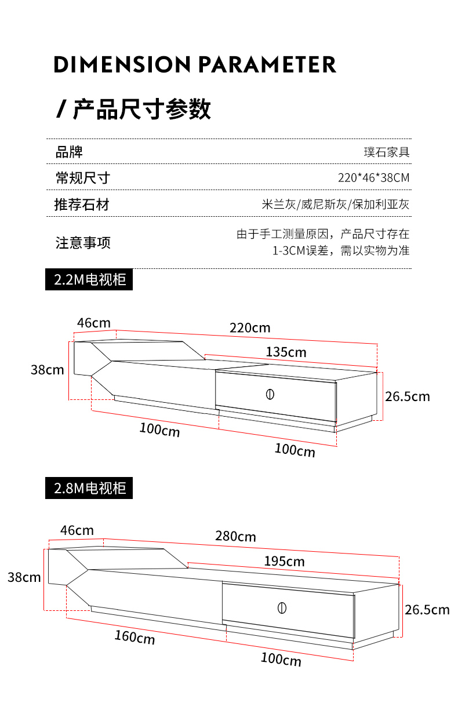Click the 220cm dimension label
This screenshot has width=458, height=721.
[250, 328]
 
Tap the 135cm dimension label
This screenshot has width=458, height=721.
[286, 352]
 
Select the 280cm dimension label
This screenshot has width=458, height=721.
[235, 536]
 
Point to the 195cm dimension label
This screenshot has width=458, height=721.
[284, 562]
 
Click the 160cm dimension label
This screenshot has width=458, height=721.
[135, 638]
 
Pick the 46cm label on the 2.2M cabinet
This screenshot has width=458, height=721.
[94, 323]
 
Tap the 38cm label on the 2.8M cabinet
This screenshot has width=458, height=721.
[24, 577]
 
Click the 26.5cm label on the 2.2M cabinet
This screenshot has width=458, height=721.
[408, 396]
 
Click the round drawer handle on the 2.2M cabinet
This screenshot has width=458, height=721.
[270, 394]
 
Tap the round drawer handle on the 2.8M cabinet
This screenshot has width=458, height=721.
[282, 608]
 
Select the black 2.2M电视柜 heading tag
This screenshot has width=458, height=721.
[89, 279]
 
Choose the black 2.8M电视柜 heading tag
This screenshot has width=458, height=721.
[89, 488]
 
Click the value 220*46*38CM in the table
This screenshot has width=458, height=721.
[374, 178]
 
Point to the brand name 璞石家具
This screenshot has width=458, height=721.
[387, 152]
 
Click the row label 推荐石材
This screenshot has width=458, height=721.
[82, 205]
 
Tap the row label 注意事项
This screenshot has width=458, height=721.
[83, 243]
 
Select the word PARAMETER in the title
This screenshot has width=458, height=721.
[267, 64]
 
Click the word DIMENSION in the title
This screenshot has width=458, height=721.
[122, 64]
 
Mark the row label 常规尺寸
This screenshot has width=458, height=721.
[83, 178]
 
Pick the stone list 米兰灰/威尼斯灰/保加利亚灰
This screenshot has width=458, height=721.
[335, 205]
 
